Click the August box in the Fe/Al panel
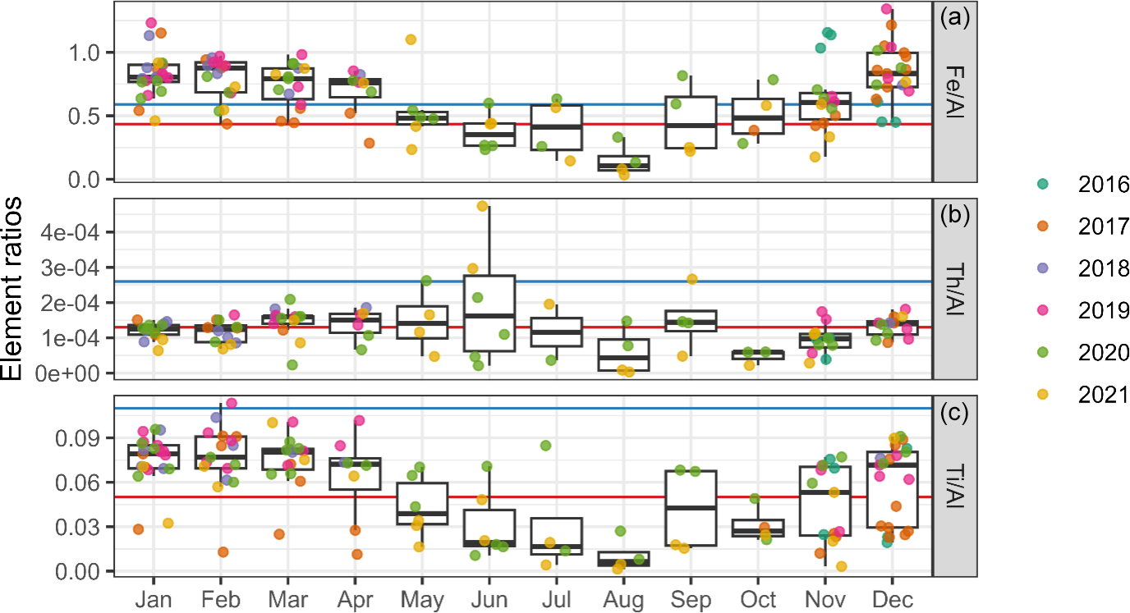[623, 162]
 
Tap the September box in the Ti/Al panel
[691, 508]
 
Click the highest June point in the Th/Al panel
[482, 206]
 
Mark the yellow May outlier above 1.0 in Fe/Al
[411, 39]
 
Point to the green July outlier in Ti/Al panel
[545, 446]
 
